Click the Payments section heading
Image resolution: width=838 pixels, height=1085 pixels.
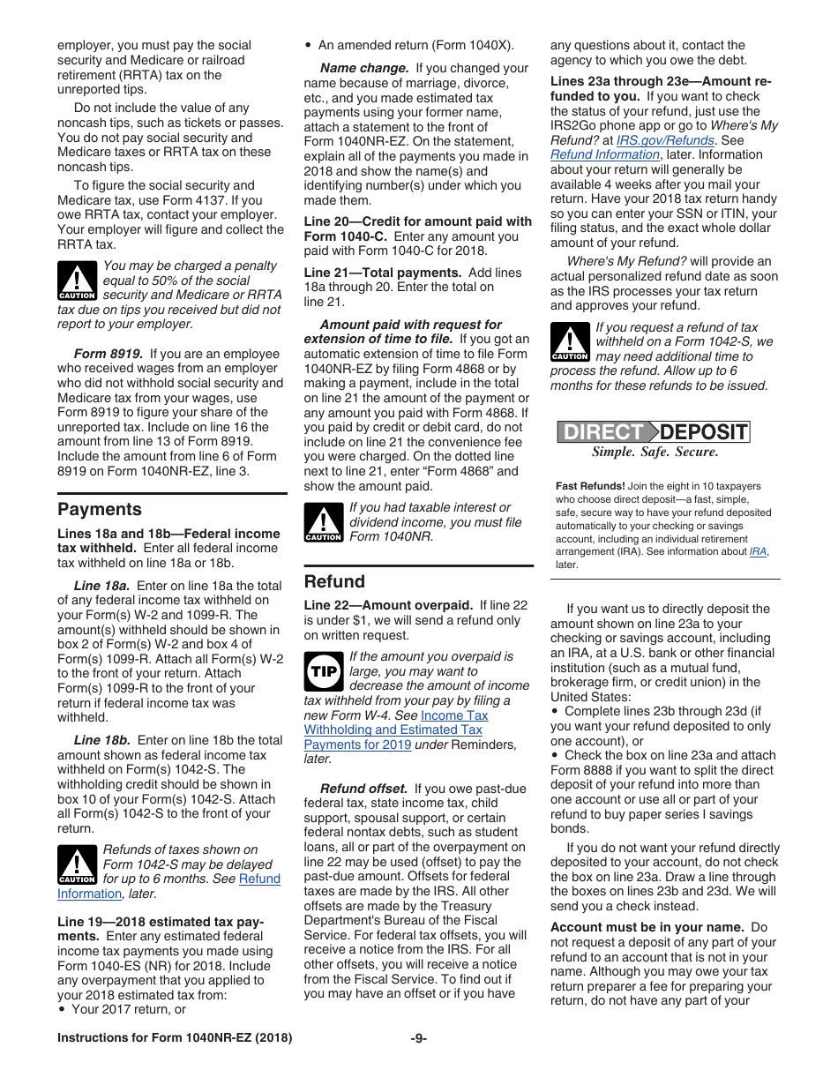click(99, 509)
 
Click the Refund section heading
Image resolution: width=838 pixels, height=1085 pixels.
click(334, 581)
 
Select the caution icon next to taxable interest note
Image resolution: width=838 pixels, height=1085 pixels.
click(323, 522)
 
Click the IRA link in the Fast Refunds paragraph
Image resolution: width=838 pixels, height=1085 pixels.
click(757, 552)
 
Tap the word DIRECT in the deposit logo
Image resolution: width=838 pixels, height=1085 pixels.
click(603, 432)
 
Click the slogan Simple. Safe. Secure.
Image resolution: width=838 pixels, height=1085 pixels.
click(655, 453)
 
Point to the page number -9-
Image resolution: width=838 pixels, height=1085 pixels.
click(418, 1038)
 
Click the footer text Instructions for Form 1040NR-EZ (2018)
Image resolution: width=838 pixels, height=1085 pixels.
click(175, 1038)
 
